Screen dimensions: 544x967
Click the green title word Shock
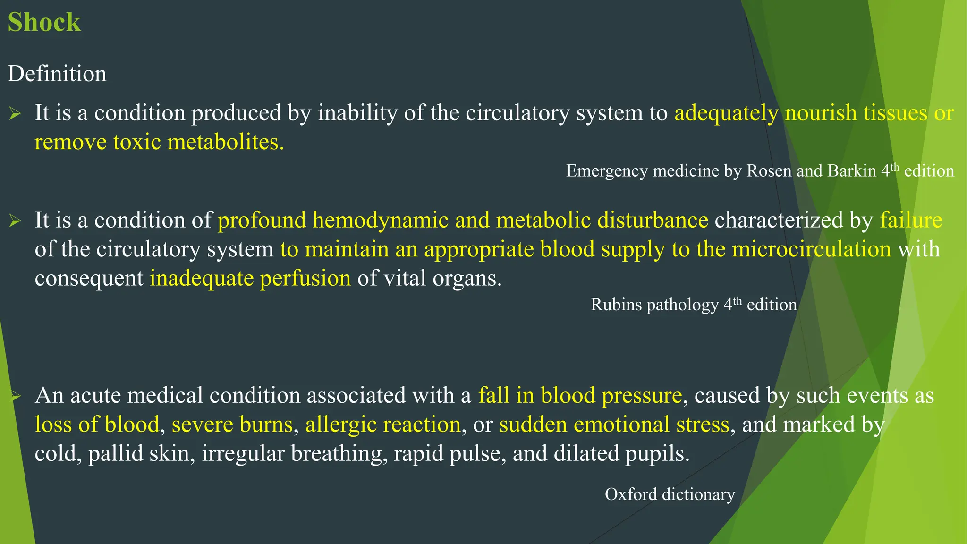coord(44,22)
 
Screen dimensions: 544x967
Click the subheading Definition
coord(57,74)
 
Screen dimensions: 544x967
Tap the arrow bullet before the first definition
coord(15,113)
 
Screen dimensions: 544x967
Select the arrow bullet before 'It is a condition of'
coord(15,221)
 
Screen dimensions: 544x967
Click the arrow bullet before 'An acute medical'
coord(15,396)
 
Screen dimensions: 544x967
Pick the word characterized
coord(779,220)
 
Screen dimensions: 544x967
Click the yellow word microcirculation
coord(811,249)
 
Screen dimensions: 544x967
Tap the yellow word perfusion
coord(305,278)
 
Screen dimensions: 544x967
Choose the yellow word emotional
coord(620,425)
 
